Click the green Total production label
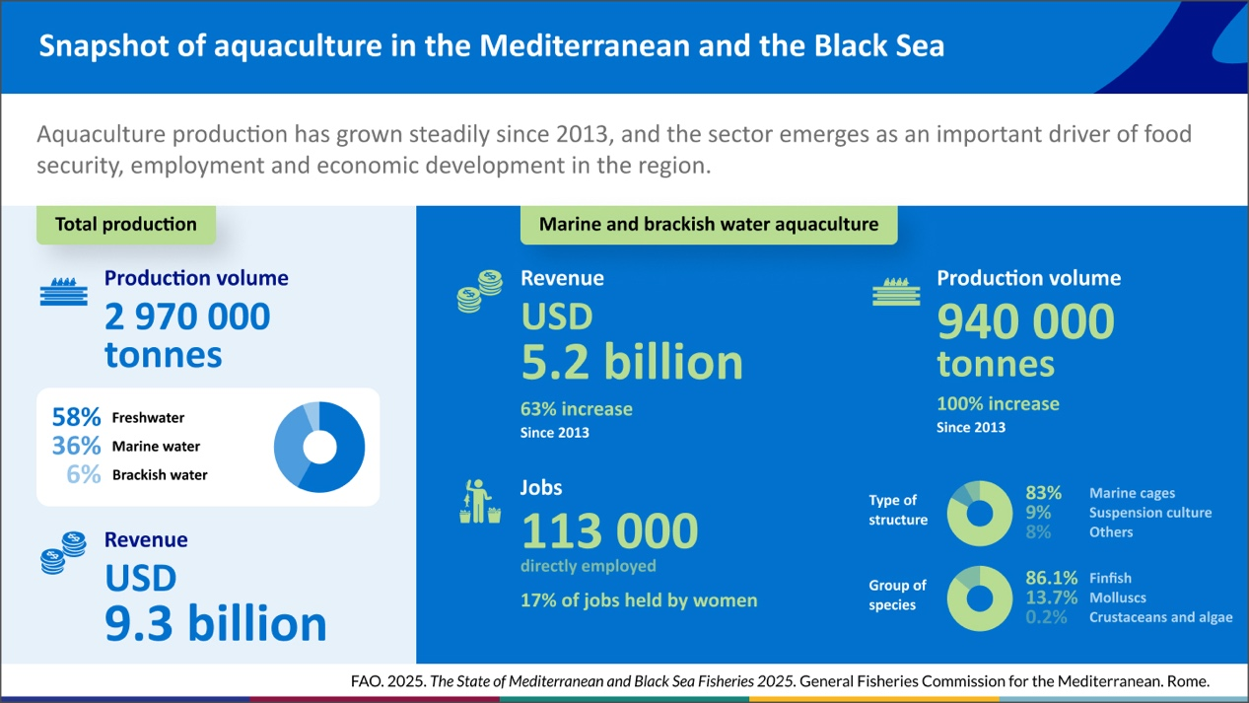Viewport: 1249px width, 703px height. click(125, 224)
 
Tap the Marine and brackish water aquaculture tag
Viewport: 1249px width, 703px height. click(708, 224)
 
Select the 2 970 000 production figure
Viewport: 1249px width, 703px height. click(187, 316)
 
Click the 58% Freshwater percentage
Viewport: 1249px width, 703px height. click(77, 417)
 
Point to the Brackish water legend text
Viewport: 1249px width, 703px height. click(160, 474)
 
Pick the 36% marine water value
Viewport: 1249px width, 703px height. click(77, 446)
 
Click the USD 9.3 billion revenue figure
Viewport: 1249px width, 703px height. click(216, 623)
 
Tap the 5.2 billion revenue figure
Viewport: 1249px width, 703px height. click(632, 362)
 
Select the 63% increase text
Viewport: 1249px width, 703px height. click(577, 408)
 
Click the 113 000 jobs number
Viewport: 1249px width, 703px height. click(609, 532)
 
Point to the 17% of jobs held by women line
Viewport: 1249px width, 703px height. click(639, 599)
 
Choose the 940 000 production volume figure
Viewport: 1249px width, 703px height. click(1025, 321)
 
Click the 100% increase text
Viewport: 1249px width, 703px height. click(998, 403)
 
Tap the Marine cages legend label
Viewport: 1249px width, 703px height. click(1132, 493)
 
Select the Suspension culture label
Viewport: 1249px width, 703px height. click(1150, 513)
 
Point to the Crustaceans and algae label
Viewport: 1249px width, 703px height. click(1160, 617)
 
